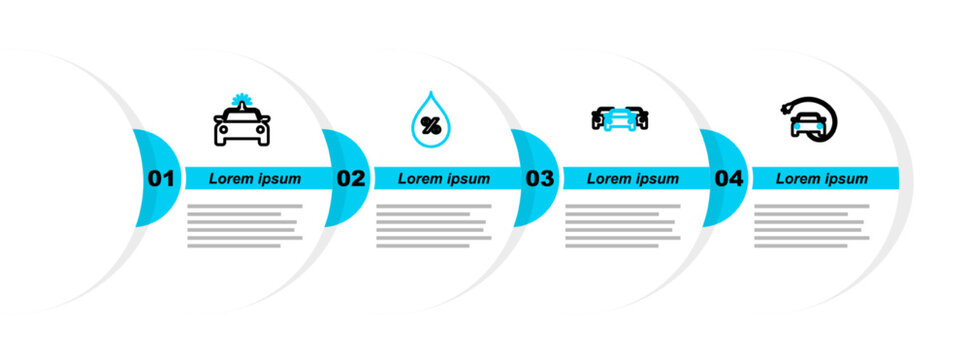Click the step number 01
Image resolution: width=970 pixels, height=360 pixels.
161,179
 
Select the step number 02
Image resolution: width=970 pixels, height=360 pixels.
351,179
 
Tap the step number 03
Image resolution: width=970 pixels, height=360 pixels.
540,179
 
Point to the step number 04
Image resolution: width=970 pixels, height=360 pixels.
729,179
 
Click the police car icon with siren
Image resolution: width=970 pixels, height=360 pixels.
242,122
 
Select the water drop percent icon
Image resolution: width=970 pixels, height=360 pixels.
431,120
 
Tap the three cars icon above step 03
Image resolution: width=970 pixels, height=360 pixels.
620,118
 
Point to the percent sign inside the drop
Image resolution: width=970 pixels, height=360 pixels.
431,126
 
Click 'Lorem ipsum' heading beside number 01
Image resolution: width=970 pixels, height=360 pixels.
255,179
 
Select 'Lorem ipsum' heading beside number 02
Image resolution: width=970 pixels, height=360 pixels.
444,179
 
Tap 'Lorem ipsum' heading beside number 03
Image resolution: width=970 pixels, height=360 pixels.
633,179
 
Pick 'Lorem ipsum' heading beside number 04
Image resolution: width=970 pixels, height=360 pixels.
822,179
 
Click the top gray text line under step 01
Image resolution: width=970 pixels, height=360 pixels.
245,206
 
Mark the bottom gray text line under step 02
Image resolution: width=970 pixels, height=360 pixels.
423,246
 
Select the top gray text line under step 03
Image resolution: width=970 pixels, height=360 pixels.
623,206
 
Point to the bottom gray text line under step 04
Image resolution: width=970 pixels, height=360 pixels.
801,246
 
